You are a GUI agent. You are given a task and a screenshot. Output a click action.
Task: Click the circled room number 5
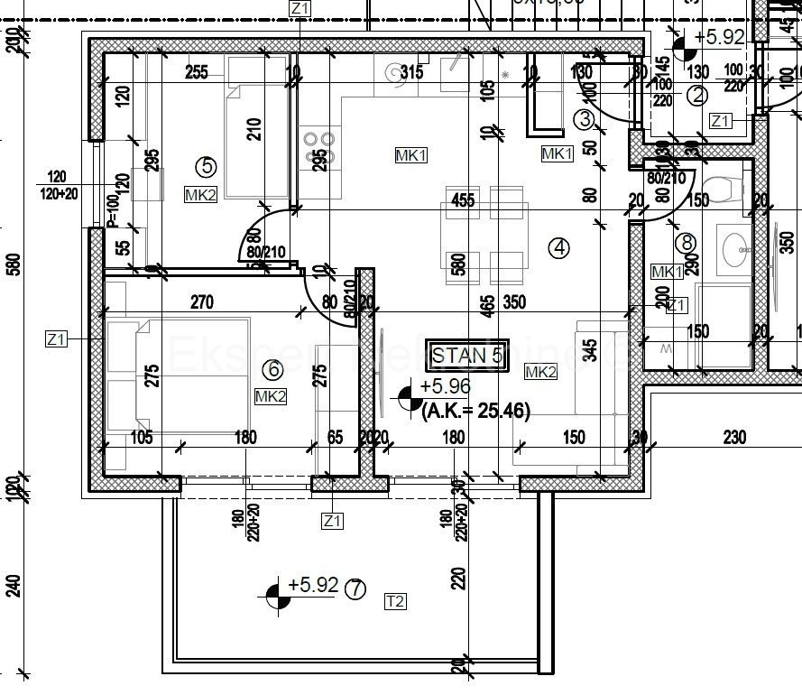(207, 166)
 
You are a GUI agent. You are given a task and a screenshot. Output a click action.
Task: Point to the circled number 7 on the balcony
(356, 589)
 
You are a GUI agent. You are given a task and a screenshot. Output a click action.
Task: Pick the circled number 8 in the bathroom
(687, 242)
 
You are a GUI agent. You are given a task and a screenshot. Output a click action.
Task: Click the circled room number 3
(585, 118)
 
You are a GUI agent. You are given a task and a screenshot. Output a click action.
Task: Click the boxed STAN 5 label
(466, 354)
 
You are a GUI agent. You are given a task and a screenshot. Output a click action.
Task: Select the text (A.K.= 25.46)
(475, 411)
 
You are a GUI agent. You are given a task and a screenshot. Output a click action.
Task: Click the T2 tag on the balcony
(394, 601)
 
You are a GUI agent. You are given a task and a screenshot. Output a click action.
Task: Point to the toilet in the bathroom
(722, 190)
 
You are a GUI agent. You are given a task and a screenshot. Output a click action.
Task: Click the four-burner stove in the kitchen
(319, 147)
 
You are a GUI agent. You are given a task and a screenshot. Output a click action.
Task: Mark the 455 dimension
(463, 200)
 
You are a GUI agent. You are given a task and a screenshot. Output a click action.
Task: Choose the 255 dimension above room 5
(196, 73)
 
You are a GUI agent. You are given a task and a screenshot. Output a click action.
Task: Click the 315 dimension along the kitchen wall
(411, 73)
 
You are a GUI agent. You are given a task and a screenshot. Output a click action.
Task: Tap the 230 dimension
(735, 438)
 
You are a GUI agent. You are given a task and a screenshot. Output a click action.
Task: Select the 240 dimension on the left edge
(13, 586)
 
